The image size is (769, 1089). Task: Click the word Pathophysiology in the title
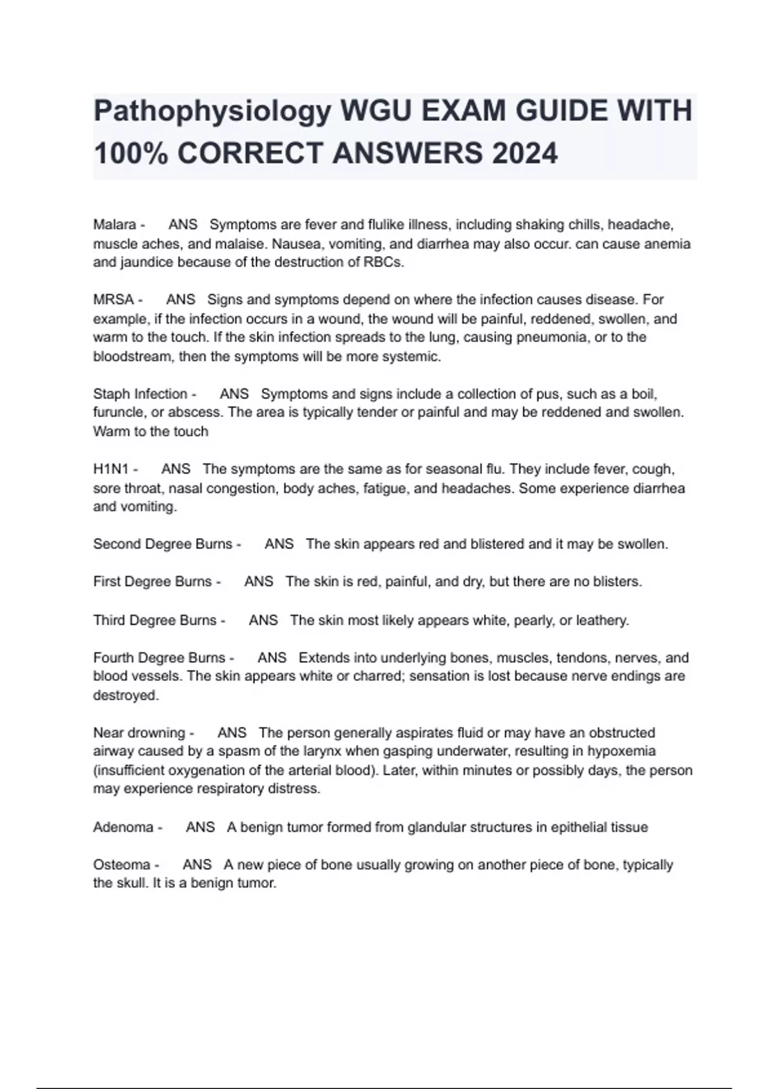(x=212, y=112)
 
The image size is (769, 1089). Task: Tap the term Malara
(x=115, y=225)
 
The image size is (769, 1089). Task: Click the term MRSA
(x=113, y=300)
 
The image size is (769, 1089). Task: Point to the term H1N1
(x=111, y=469)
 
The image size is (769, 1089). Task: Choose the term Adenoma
(x=124, y=827)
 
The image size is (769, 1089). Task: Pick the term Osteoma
(x=122, y=865)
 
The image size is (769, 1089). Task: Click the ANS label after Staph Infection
(x=234, y=394)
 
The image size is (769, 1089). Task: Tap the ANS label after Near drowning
(x=231, y=733)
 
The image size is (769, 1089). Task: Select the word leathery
(x=602, y=620)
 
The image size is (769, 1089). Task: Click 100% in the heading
(x=131, y=154)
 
